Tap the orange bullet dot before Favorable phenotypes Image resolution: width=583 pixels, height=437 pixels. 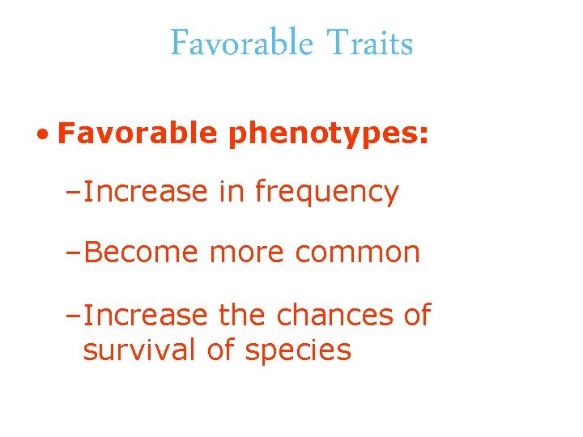pyautogui.click(x=40, y=133)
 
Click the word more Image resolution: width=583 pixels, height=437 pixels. pyautogui.click(x=247, y=252)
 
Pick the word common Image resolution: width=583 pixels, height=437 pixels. pyautogui.click(x=357, y=252)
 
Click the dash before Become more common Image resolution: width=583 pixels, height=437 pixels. pyautogui.click(x=74, y=253)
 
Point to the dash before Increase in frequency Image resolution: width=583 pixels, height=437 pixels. pyautogui.click(x=74, y=193)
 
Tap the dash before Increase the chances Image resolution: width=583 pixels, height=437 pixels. pyautogui.click(x=74, y=315)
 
